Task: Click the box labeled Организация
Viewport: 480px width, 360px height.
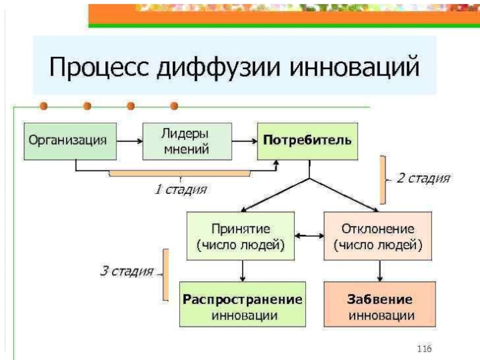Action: [x=70, y=142]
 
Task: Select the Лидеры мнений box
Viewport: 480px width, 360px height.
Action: [x=187, y=142]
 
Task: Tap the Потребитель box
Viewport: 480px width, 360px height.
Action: [x=307, y=142]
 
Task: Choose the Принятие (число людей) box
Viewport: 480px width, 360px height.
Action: [x=241, y=236]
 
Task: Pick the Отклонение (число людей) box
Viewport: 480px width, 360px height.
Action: [x=378, y=236]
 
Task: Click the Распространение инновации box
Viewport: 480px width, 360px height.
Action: [x=242, y=304]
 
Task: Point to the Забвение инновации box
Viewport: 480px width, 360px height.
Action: [x=380, y=304]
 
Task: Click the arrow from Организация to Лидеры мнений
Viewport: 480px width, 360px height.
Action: [x=130, y=141]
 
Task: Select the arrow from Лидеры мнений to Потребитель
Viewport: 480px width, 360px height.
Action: [x=245, y=141]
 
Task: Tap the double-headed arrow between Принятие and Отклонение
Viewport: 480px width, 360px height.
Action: [x=309, y=236]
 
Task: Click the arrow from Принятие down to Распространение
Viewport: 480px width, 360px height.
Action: [x=242, y=271]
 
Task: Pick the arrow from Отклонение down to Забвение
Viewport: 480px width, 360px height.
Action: [x=380, y=271]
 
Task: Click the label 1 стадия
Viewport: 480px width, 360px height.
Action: [x=181, y=190]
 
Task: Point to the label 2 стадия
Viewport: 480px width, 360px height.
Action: [x=424, y=178]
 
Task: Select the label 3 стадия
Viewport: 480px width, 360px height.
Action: [x=127, y=271]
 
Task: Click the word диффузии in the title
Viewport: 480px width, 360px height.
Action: [x=218, y=67]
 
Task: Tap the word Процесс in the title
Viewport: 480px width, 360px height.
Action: [x=99, y=67]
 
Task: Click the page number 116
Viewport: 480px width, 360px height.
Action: [x=424, y=349]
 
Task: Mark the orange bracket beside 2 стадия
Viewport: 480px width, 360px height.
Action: [x=383, y=179]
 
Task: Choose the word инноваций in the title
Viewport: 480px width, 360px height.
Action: [x=354, y=66]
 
